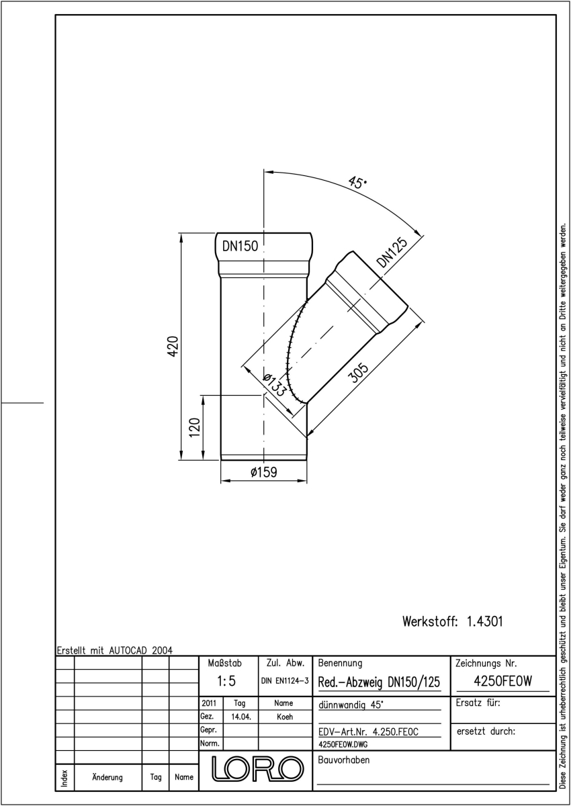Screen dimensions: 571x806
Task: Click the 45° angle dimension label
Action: coord(357,183)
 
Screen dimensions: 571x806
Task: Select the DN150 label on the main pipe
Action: coord(240,246)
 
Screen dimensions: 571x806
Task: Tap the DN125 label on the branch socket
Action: coord(392,253)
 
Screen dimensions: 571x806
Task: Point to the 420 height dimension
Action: coord(173,346)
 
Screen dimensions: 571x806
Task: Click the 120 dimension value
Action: coord(195,427)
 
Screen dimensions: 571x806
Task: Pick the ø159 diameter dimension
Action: coord(264,472)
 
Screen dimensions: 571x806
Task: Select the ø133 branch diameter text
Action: coord(275,385)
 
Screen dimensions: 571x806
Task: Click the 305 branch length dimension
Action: coord(358,373)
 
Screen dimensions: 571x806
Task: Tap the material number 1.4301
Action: coord(484,621)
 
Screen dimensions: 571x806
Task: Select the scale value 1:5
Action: coord(226,681)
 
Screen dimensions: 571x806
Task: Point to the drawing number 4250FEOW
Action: coord(502,681)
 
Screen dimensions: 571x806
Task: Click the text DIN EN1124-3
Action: coord(285,681)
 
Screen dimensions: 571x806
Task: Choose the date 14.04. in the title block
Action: coord(241,717)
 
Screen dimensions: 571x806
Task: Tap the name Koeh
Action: coord(285,717)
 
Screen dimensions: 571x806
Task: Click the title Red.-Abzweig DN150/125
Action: coord(379,682)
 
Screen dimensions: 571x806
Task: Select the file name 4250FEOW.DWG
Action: coord(343,744)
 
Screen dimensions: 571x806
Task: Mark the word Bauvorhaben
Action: coord(343,760)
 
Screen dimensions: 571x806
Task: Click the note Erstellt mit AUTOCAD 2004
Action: coord(115,650)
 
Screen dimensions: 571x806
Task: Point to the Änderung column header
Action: coord(107,777)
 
